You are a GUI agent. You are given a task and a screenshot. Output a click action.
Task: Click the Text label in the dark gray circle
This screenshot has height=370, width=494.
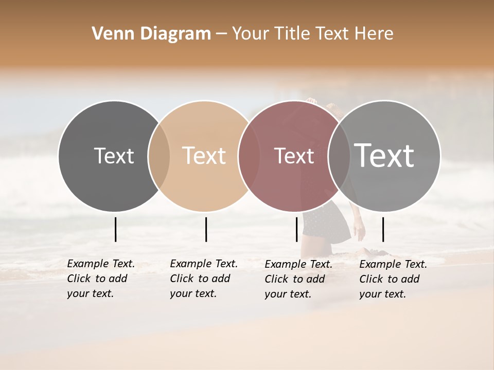pyautogui.click(x=114, y=156)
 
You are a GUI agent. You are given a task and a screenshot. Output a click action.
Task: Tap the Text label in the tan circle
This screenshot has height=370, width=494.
pyautogui.click(x=204, y=156)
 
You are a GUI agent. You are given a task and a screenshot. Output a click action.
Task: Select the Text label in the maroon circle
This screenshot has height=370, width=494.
pyautogui.click(x=294, y=156)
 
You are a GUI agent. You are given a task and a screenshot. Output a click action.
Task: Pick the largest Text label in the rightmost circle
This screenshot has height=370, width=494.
pyautogui.click(x=384, y=155)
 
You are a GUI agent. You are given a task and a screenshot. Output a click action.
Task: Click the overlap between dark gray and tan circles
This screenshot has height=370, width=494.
pyautogui.click(x=159, y=156)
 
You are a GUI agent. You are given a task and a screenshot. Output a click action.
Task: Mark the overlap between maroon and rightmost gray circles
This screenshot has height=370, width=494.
pyautogui.click(x=339, y=156)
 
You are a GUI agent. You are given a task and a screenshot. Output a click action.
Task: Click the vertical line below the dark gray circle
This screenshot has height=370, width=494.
pyautogui.click(x=116, y=229)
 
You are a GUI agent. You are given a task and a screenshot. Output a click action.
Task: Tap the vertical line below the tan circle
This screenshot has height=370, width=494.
pyautogui.click(x=206, y=229)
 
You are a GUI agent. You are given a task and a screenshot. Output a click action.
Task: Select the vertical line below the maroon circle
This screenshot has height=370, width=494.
pyautogui.click(x=297, y=229)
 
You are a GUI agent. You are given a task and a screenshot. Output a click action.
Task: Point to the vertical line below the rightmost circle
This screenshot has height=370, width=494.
pyautogui.click(x=383, y=229)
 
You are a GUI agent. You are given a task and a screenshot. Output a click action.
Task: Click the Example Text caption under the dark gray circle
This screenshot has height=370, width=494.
pyautogui.click(x=100, y=279)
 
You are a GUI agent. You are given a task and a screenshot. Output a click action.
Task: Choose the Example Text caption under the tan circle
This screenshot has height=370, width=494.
pyautogui.click(x=203, y=279)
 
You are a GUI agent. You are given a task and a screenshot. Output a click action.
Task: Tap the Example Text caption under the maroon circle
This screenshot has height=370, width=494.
pyautogui.click(x=298, y=279)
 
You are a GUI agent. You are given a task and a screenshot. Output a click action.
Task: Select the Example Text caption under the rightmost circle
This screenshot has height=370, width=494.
pyautogui.click(x=393, y=279)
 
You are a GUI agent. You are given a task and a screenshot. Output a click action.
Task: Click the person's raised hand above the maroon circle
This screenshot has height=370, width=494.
pyautogui.click(x=310, y=101)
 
